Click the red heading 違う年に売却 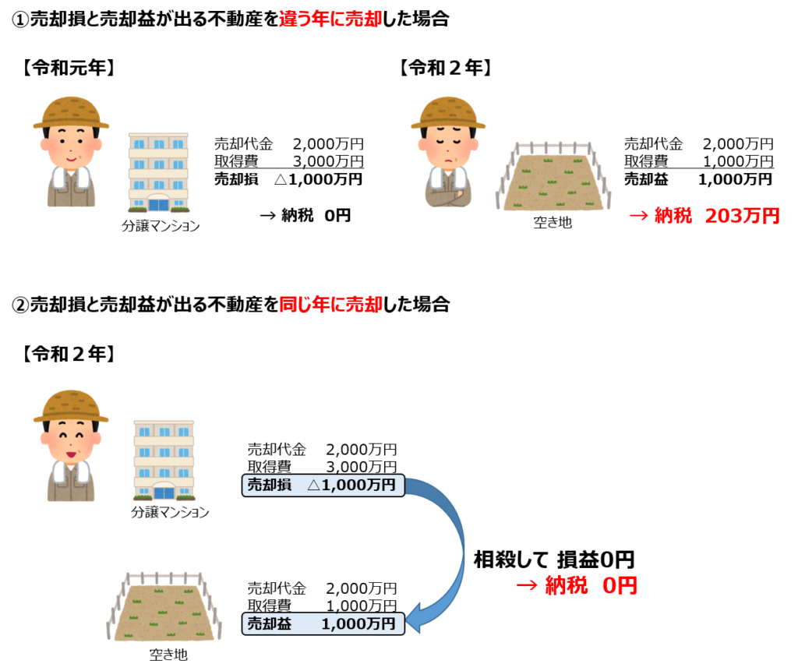click(330, 19)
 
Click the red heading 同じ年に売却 click(330, 305)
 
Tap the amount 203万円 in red click(742, 217)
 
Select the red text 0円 click(620, 586)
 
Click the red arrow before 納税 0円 click(527, 586)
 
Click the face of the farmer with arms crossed click(447, 145)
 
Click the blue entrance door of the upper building click(158, 204)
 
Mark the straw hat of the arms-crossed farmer click(448, 113)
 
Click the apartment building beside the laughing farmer click(164, 460)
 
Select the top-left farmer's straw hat click(71, 113)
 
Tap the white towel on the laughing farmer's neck click(70, 471)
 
